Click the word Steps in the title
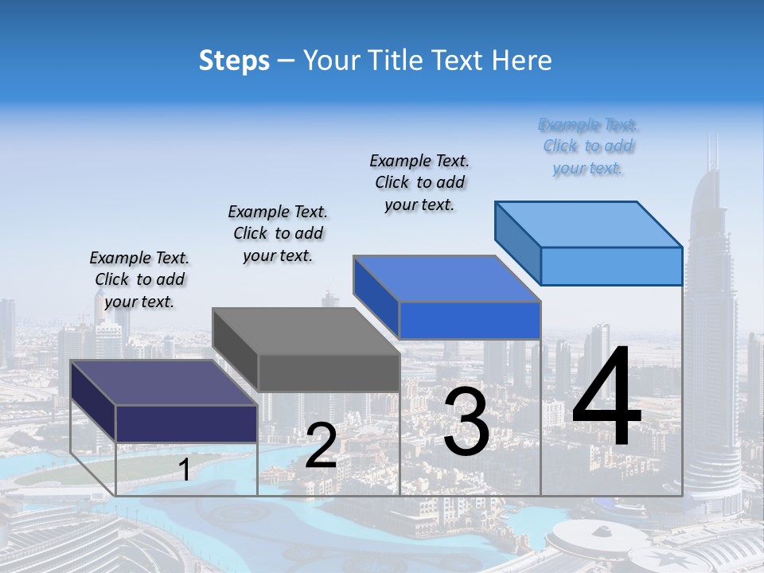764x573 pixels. (x=234, y=60)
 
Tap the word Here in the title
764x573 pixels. (x=520, y=60)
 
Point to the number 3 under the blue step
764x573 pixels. (x=466, y=421)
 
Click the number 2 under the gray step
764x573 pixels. (x=321, y=446)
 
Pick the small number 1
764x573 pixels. (x=185, y=470)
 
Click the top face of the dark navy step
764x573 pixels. (x=163, y=383)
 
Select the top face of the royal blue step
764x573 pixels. (x=446, y=279)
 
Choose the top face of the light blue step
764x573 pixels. (x=588, y=224)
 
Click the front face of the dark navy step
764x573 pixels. (x=186, y=423)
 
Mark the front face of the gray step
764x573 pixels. (x=329, y=372)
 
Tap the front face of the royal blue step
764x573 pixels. (x=470, y=320)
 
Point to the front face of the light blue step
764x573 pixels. (x=611, y=266)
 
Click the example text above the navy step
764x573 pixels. (x=139, y=279)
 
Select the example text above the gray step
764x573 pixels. (x=278, y=233)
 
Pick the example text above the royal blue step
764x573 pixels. (x=419, y=182)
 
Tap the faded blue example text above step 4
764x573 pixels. (x=588, y=146)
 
